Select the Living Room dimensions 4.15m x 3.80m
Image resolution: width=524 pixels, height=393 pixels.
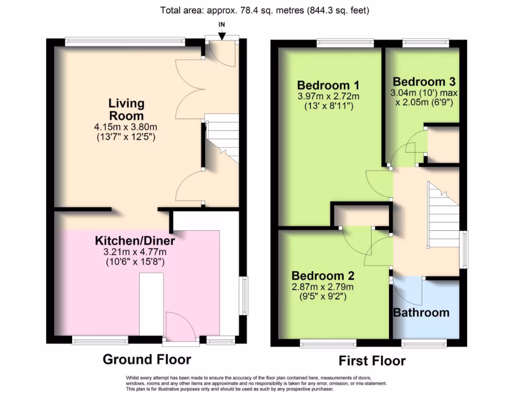(125, 127)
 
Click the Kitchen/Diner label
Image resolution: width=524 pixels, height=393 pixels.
(135, 241)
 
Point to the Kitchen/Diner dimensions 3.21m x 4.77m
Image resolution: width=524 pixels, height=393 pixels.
(135, 252)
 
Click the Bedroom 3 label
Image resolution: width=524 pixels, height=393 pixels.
(424, 82)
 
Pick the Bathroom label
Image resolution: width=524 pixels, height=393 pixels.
(421, 312)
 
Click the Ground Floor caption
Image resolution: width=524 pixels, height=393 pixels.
(147, 359)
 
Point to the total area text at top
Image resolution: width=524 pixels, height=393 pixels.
(265, 10)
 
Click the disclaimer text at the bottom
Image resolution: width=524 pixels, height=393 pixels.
(256, 383)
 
